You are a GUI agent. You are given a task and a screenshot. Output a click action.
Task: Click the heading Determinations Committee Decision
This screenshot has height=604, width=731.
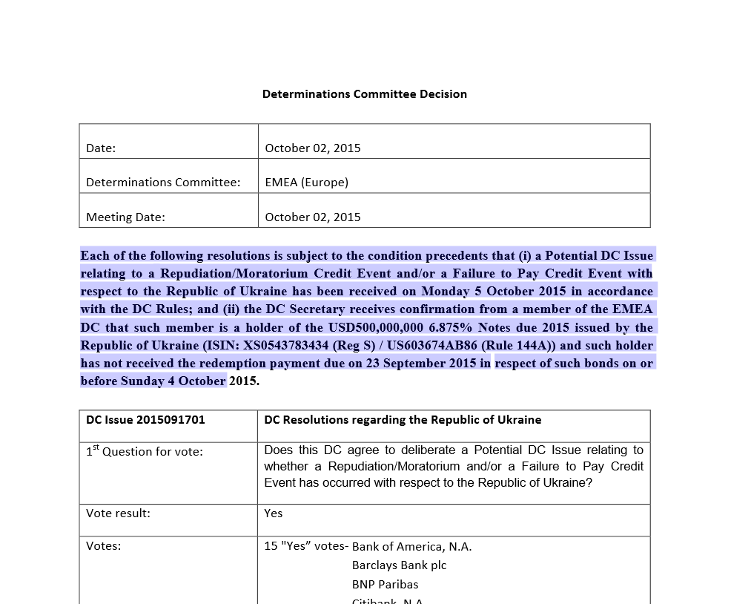pyautogui.click(x=364, y=94)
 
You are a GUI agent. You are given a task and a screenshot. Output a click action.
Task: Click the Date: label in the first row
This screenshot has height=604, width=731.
pyautogui.click(x=101, y=148)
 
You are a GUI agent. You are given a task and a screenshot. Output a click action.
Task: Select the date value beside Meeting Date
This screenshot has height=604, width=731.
pyautogui.click(x=312, y=217)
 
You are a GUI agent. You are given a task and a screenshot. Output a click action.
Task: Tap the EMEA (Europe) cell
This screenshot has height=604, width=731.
pyautogui.click(x=306, y=182)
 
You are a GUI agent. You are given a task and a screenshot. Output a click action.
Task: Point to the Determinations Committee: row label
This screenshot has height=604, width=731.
pyautogui.click(x=163, y=182)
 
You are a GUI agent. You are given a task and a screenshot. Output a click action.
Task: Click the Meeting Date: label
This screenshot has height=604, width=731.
pyautogui.click(x=125, y=217)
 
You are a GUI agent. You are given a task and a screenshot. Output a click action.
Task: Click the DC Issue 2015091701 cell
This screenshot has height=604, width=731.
pyautogui.click(x=145, y=419)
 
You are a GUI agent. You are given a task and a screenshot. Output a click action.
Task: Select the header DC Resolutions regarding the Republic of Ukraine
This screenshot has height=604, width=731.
pyautogui.click(x=403, y=419)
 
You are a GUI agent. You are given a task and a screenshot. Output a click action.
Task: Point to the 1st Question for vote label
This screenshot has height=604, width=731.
pyautogui.click(x=144, y=451)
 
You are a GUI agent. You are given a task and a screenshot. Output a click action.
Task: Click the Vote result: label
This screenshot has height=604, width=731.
pyautogui.click(x=118, y=513)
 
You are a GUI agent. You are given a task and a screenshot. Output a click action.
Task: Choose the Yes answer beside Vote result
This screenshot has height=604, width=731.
pyautogui.click(x=273, y=513)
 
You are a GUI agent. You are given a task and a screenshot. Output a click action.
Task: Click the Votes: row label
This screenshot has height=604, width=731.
pyautogui.click(x=103, y=546)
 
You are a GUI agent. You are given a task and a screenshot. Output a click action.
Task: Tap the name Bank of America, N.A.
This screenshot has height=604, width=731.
pyautogui.click(x=411, y=546)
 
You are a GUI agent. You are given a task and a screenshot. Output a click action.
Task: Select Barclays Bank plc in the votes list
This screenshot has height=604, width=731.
pyautogui.click(x=399, y=565)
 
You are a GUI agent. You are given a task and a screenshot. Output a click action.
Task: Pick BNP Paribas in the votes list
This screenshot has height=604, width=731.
pyautogui.click(x=385, y=584)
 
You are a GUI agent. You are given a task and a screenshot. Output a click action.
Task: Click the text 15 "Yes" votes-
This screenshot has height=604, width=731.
pyautogui.click(x=305, y=546)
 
